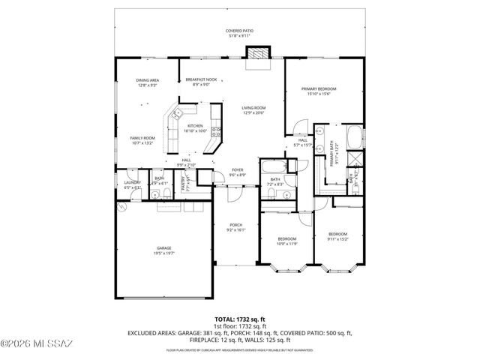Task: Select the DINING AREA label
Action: coord(147,82)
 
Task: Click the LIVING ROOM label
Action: coord(253,110)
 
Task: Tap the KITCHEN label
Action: coord(195,128)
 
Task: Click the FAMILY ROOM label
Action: coord(142,140)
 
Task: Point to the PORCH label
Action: coord(235,228)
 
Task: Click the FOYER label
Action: coord(237,172)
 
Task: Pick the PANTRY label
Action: coord(185,182)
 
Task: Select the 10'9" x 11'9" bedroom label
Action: coord(288,241)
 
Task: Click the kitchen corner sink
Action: coord(178,114)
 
